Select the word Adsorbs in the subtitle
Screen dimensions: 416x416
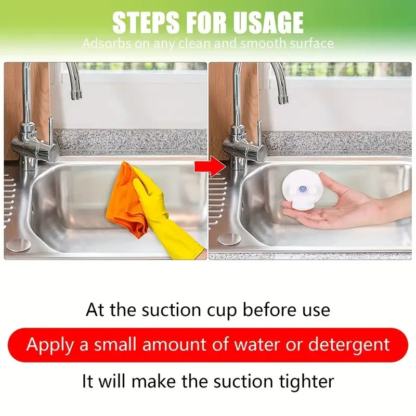coord(107,43)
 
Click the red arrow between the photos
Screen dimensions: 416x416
coord(210,166)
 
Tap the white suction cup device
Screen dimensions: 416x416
coord(302,190)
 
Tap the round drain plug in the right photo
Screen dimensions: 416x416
coord(229,239)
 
